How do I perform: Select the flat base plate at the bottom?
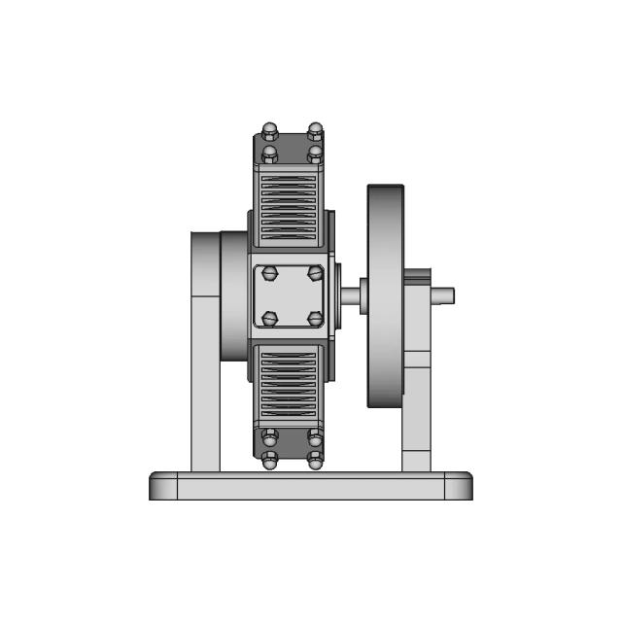311,486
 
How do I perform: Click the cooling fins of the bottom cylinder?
288,384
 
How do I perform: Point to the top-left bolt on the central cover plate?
270,273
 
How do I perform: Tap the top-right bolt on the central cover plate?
315,273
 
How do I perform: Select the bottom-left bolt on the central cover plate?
270,318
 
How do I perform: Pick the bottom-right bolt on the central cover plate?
315,318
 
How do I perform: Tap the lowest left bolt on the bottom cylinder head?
269,461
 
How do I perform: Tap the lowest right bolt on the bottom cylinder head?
315,461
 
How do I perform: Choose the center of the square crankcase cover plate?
292,295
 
